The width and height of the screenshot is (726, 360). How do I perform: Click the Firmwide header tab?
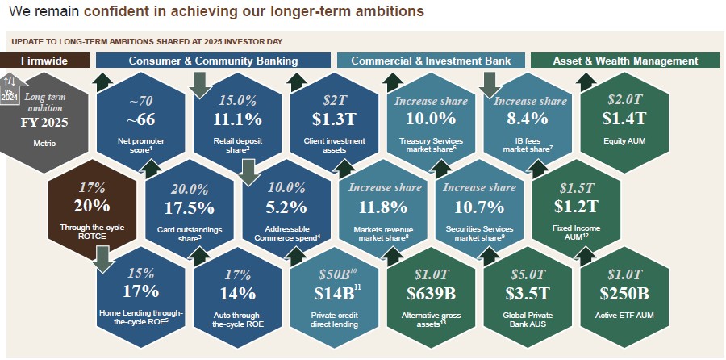(x=44, y=61)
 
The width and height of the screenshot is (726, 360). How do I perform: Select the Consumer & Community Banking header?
(x=213, y=61)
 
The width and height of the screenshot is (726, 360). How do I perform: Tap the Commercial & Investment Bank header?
(x=432, y=61)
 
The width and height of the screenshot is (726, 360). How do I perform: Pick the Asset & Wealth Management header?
(x=625, y=61)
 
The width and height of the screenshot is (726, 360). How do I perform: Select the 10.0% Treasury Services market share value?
(x=431, y=119)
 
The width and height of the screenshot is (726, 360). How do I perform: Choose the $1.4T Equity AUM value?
(x=624, y=119)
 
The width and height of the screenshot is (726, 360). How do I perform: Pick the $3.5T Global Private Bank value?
(x=527, y=292)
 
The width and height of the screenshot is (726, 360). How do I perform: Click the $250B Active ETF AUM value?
(x=624, y=292)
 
